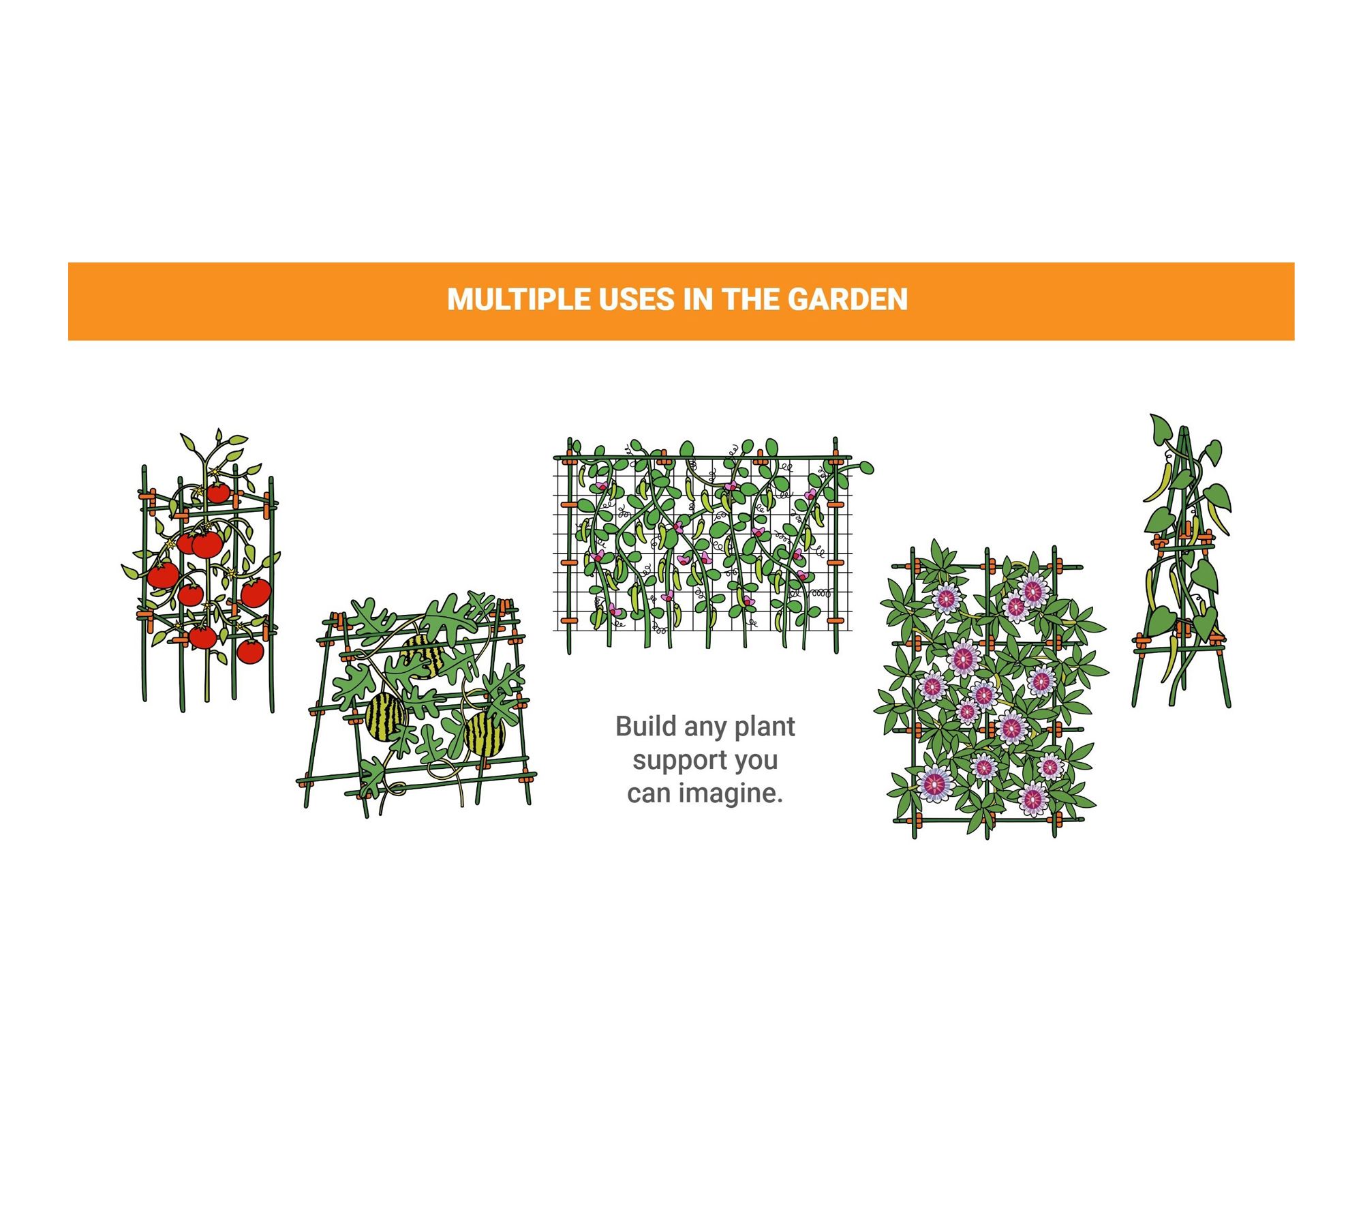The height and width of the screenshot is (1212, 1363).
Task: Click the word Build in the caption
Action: pos(645,727)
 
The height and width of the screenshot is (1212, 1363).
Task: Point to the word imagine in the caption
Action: pos(729,794)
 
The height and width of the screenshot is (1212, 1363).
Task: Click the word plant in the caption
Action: pos(765,727)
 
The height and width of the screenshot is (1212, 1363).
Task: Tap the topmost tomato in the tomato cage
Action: pos(218,492)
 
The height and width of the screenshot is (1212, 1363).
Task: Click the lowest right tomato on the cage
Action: pos(250,651)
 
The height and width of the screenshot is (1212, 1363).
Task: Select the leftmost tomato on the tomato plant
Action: pos(163,575)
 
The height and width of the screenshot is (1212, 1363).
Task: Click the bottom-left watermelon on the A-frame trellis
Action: pos(386,718)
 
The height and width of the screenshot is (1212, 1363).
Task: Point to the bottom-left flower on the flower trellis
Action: pos(935,783)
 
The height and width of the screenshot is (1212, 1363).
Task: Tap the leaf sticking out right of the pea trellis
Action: pos(866,468)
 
